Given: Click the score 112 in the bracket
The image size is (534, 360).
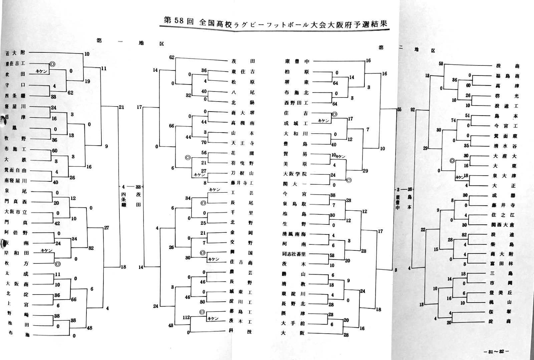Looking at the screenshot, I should click(186, 318).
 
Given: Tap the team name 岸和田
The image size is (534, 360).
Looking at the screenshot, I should click(17, 253).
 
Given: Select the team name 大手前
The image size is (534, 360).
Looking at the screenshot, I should click(293, 323).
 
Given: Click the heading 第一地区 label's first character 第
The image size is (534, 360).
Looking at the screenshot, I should click(99, 41).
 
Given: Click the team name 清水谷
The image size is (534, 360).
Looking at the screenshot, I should click(506, 146).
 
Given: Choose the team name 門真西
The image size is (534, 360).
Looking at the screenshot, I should click(16, 201).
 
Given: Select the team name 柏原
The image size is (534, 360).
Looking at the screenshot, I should click(297, 72).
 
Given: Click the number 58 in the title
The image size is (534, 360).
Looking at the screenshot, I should click(179, 20).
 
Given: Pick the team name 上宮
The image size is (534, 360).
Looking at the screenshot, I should click(17, 304).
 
